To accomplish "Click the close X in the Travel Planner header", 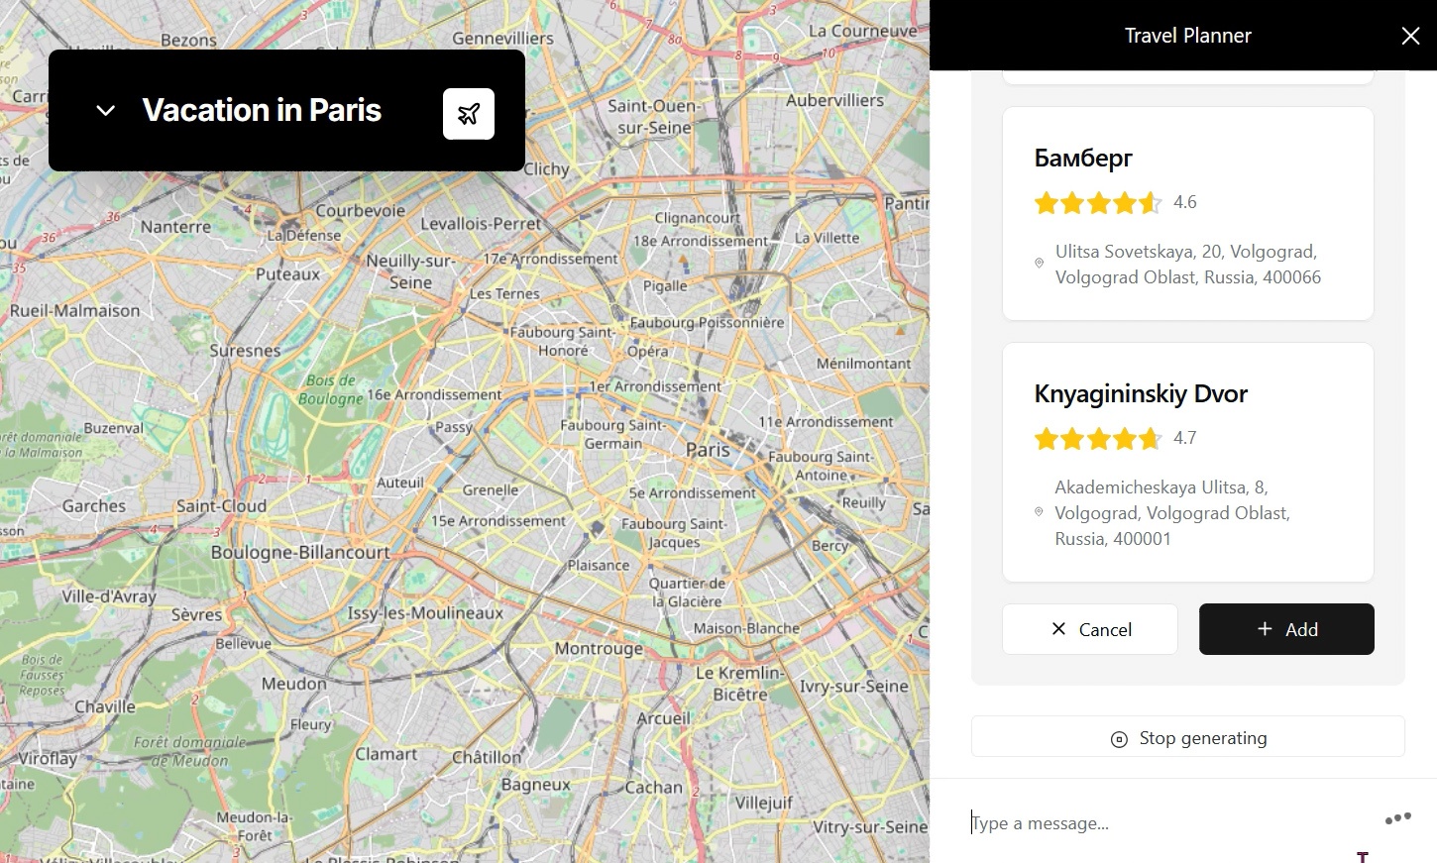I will coord(1410,37).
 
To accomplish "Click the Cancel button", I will coord(1090,629).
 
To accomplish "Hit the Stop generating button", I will coord(1187,738).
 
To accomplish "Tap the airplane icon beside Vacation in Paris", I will coord(469,114).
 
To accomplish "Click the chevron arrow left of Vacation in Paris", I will coord(106,111).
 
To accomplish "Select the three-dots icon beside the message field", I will coord(1397,818).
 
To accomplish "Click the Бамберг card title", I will coord(1082,159).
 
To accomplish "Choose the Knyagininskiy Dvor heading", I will coord(1141,394).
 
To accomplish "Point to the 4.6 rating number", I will coord(1185,202).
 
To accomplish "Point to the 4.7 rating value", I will coord(1185,438).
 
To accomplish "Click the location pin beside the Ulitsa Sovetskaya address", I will coord(1039,264).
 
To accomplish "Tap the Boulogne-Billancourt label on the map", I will coord(300,552).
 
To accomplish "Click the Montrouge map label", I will coord(599,648).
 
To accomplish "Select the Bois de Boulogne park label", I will coord(331,389).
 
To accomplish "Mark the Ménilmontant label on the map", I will coord(863,364).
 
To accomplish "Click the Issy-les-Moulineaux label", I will coord(425,613).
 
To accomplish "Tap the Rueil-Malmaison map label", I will coord(75,310).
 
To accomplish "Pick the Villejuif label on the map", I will coord(764,802).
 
